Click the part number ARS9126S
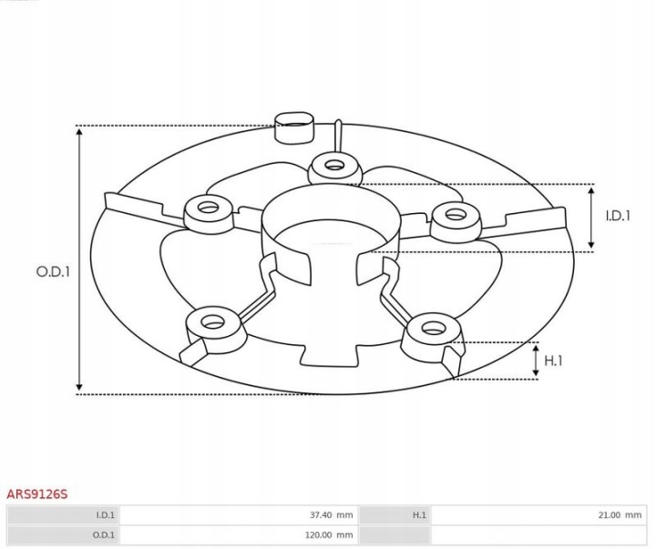(36, 493)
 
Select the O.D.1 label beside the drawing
(53, 272)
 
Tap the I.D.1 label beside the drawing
(618, 216)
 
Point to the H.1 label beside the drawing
(553, 361)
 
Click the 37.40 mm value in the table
(331, 514)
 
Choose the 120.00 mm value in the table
(329, 534)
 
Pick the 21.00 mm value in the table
(620, 514)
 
